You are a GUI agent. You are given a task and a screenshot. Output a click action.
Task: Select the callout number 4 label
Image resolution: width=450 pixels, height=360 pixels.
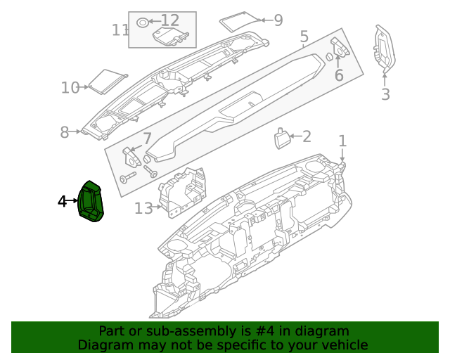(x=62, y=202)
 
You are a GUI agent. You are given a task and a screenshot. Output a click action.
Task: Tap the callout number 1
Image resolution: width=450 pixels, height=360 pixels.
(x=342, y=141)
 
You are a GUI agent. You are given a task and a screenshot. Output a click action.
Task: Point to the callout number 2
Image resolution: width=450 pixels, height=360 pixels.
(x=306, y=136)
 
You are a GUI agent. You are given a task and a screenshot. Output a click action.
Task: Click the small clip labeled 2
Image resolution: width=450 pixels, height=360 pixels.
(x=283, y=138)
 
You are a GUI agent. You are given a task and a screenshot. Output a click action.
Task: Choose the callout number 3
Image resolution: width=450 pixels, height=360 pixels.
(x=385, y=94)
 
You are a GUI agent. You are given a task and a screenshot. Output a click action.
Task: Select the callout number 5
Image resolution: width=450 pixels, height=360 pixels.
(x=304, y=37)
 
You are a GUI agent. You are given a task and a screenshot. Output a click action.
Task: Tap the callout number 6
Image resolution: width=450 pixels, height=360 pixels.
(x=338, y=75)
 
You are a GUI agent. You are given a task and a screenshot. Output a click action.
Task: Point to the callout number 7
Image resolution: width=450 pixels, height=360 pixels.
(x=147, y=138)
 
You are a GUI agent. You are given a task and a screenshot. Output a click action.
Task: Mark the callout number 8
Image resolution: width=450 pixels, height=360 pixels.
(x=64, y=131)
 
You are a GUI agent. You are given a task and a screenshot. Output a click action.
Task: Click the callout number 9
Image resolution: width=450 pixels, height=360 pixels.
(x=278, y=20)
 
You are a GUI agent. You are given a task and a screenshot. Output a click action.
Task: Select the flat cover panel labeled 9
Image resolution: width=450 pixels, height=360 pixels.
(x=239, y=21)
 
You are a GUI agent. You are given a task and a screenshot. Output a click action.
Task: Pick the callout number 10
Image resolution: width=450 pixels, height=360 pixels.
(x=70, y=88)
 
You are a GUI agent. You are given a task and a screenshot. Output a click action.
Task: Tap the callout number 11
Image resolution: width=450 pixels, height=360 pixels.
(x=120, y=30)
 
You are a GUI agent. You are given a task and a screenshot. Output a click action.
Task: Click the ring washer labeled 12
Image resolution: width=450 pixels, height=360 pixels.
(x=142, y=21)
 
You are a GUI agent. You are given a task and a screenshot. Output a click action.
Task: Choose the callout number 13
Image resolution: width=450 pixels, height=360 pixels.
(x=143, y=208)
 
